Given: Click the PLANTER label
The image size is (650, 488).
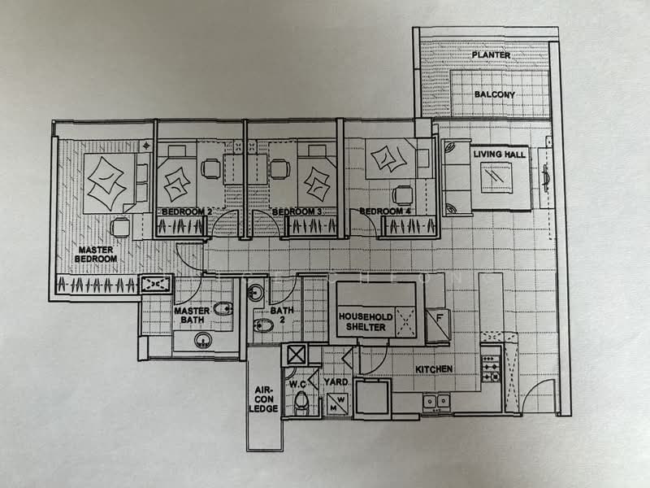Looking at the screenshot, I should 491,55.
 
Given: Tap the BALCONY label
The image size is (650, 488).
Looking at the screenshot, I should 495,94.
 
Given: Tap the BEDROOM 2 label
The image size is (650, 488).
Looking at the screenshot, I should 187,212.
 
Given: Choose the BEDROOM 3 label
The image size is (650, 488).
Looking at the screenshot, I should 292,212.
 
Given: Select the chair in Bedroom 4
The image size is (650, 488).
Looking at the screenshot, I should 402,195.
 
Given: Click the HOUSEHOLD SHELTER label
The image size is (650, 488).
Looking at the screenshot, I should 366,321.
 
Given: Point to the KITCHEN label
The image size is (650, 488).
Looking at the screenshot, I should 434,369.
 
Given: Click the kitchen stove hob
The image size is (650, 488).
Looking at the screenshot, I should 491,366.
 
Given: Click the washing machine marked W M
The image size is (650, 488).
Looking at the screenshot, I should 336,401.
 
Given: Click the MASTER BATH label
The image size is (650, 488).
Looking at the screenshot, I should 192,316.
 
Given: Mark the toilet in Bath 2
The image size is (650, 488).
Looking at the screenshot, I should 264,325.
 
